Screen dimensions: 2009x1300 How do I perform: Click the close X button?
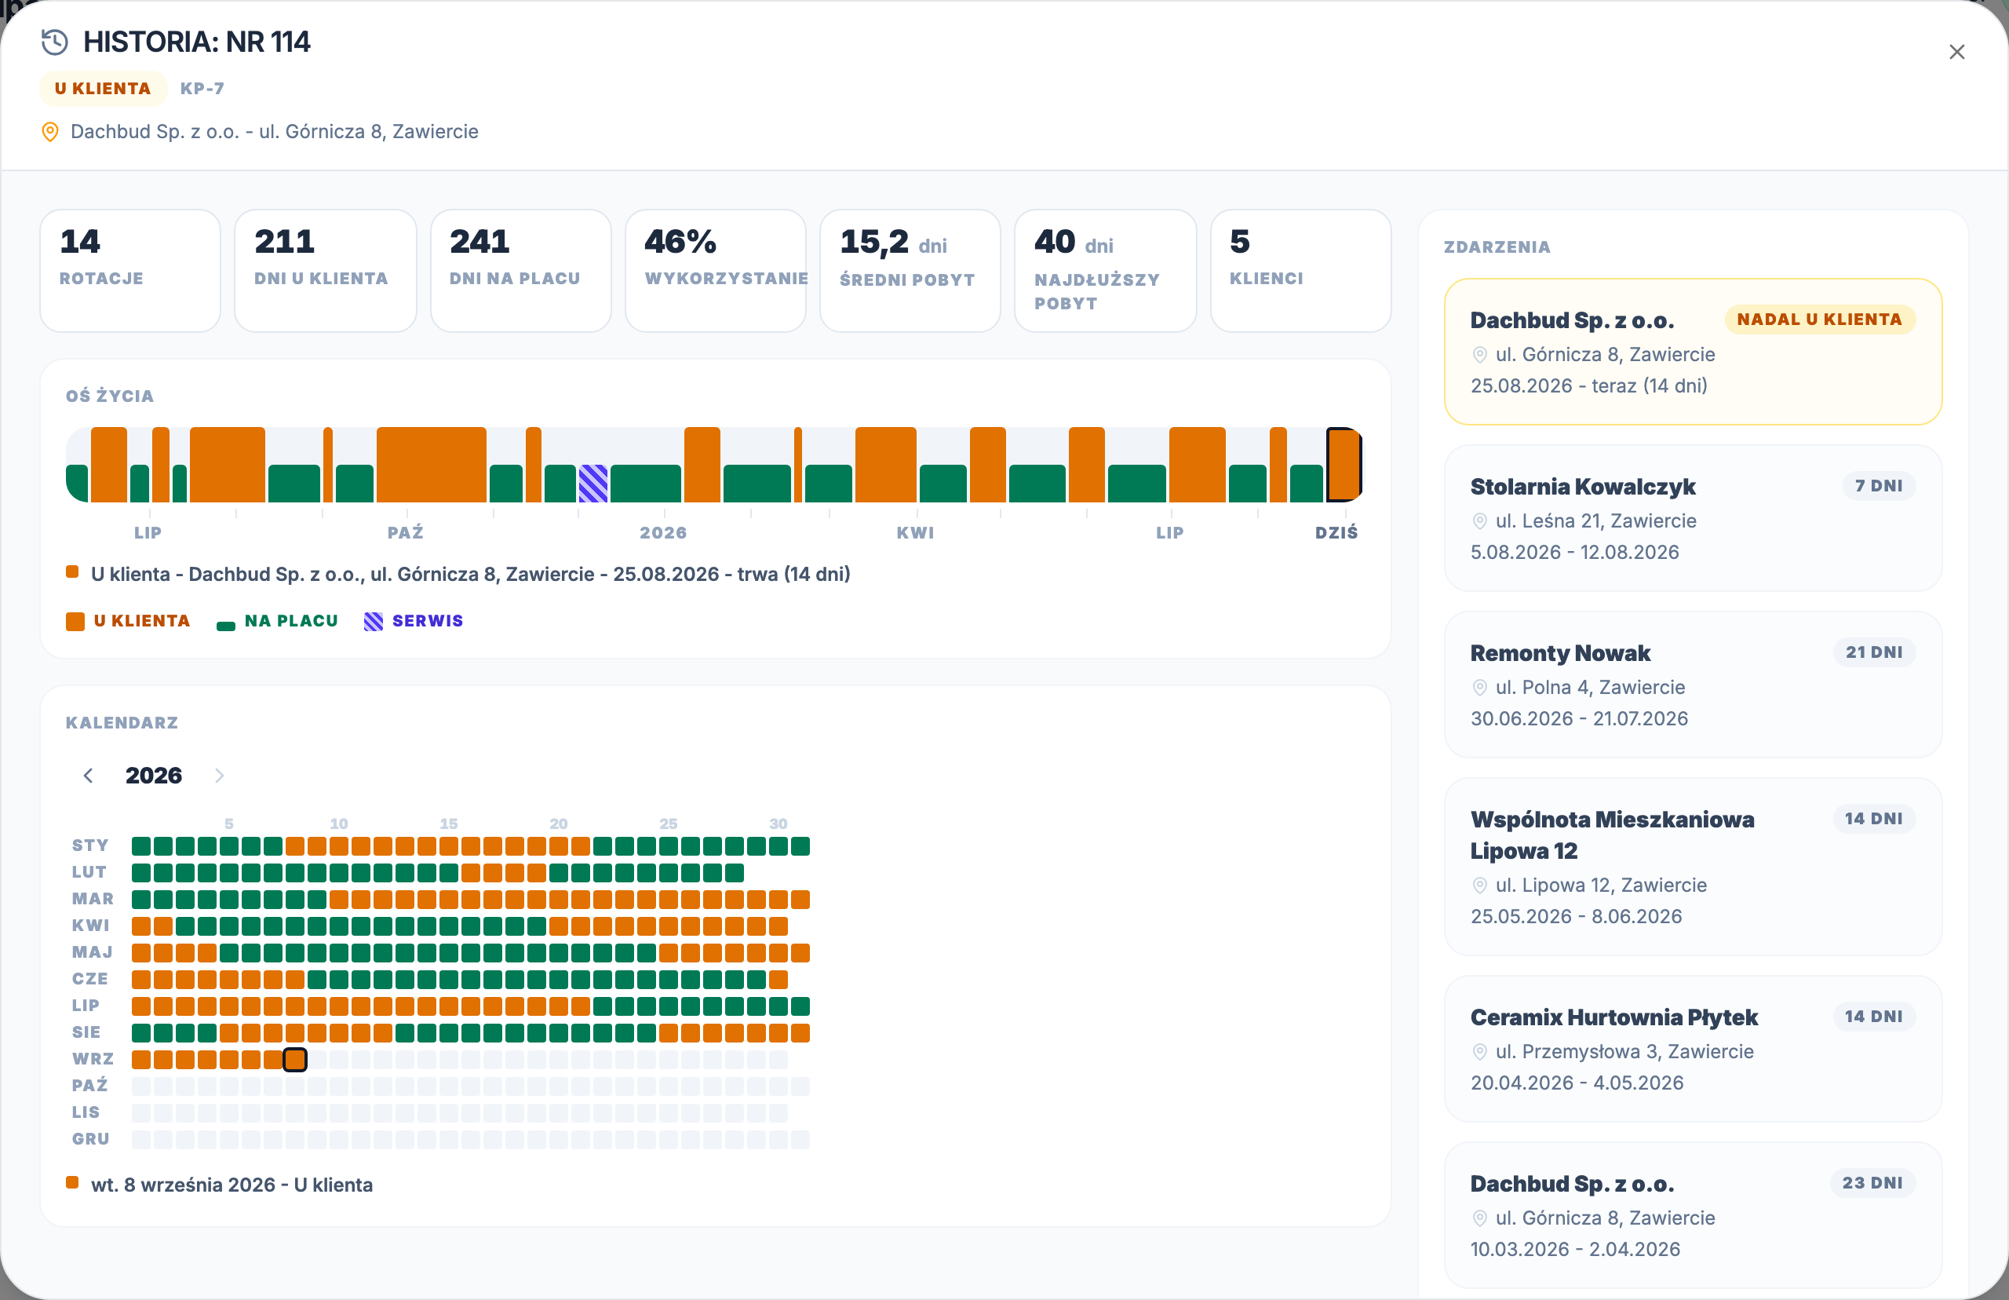pos(1956,53)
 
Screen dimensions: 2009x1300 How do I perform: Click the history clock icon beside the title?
pos(55,42)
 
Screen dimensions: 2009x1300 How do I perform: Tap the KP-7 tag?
pos(202,89)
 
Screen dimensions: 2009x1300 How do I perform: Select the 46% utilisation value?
pos(680,242)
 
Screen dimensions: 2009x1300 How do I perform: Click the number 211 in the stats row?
pos(284,242)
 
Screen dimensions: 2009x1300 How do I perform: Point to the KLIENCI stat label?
pos(1266,279)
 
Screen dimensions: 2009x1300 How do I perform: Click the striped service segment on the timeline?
pos(593,483)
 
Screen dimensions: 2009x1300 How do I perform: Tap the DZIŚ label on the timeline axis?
pos(1336,533)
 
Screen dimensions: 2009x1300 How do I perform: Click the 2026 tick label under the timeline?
pos(663,533)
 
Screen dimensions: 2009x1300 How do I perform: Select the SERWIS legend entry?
pos(414,620)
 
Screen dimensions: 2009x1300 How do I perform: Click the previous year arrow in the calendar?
pos(88,776)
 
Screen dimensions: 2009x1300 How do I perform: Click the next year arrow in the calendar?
pos(220,776)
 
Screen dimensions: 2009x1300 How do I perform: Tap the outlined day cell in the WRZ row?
pos(294,1060)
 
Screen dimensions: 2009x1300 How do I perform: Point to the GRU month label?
pos(91,1140)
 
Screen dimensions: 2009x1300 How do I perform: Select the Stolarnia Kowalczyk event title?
pos(1583,487)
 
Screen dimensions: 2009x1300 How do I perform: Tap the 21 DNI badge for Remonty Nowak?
pos(1874,652)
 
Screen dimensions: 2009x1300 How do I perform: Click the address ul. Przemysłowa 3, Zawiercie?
pos(1624,1052)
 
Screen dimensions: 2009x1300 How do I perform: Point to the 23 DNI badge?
pos(1872,1184)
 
